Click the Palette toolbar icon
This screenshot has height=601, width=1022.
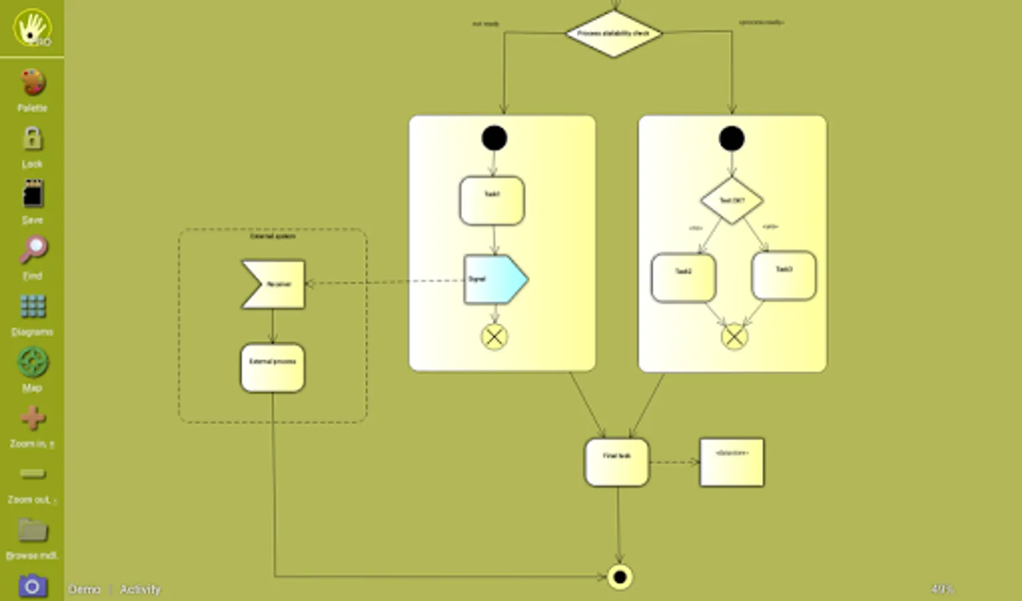32,83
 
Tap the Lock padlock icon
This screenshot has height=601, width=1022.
32,139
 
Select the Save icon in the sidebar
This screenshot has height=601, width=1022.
32,195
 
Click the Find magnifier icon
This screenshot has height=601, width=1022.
32,250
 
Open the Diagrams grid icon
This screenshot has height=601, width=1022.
32,307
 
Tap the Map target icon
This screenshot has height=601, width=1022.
32,363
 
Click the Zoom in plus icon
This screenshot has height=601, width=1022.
32,419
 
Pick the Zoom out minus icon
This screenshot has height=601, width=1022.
32,474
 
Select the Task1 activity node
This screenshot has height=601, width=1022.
492,200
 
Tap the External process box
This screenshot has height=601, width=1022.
272,368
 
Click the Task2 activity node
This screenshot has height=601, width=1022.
684,277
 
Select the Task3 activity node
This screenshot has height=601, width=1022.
784,275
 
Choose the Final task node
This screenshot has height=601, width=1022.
617,462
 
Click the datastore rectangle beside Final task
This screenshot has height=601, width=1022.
732,462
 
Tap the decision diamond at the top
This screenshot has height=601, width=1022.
613,33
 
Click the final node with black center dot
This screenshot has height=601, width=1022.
619,577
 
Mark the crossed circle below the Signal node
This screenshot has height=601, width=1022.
494,337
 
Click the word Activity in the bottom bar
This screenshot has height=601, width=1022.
140,590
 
